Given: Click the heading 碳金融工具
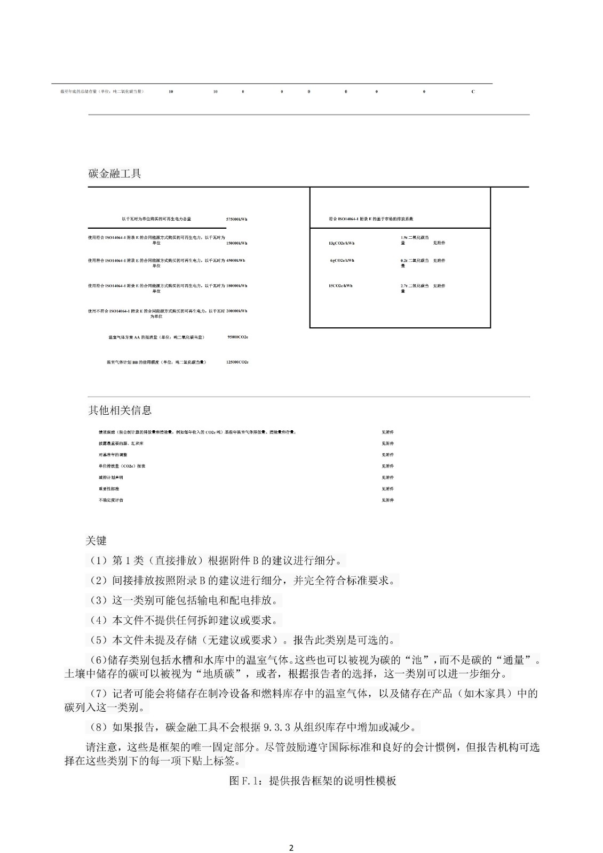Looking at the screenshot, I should [x=114, y=174].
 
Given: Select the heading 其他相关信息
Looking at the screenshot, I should [x=120, y=410].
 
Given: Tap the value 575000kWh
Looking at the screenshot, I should [x=236, y=219].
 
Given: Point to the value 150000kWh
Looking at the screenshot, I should [x=236, y=243].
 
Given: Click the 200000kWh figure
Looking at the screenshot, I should [x=236, y=311].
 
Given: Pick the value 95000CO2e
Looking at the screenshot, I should [x=237, y=337].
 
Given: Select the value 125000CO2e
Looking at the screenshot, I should [x=237, y=363].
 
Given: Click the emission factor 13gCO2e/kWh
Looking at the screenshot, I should [x=342, y=243].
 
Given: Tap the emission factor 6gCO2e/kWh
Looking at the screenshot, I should [x=342, y=261].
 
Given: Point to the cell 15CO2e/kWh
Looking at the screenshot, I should [x=340, y=286].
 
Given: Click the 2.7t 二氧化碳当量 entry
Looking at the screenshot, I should [x=415, y=288].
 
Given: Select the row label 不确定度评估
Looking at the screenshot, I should [x=111, y=500].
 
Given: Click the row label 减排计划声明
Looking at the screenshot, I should [x=111, y=477].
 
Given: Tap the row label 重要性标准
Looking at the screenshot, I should [x=109, y=488].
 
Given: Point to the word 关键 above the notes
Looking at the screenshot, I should [x=96, y=541].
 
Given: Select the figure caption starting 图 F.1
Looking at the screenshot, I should [x=313, y=780].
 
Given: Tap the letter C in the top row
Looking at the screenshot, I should [x=473, y=92].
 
